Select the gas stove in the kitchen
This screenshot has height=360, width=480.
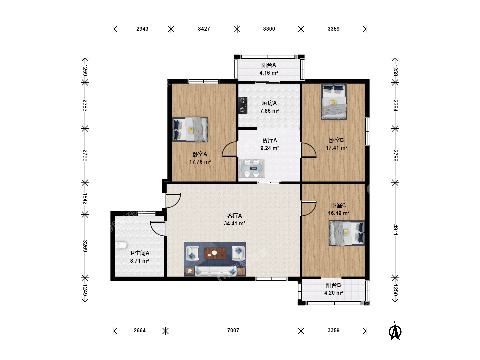point(243,105)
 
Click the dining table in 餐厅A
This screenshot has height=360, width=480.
point(251,168)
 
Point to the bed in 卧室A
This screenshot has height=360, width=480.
point(190,129)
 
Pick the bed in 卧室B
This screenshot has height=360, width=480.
point(334,101)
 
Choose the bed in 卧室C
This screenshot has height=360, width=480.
point(347,233)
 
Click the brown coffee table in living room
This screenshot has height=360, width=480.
point(215,253)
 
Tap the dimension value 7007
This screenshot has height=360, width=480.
point(233,330)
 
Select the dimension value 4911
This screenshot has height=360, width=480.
point(395,230)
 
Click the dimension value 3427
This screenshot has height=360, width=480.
point(204,29)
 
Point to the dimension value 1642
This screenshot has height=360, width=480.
point(85,199)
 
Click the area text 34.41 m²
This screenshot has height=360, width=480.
point(234,223)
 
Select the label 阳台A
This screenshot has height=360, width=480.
point(269,65)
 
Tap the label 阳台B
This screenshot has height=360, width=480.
point(333,285)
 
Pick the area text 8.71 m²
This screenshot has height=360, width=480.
point(139,261)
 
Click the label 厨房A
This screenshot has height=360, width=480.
point(269,103)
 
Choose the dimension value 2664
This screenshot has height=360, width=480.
point(140,330)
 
